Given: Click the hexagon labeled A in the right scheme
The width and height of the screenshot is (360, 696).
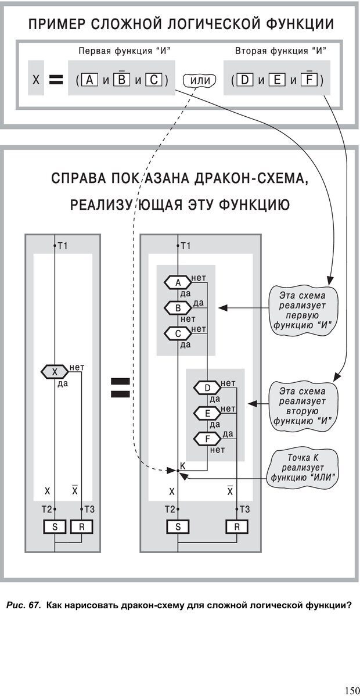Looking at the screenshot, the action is (178, 282).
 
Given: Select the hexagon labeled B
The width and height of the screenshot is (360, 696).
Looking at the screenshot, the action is (178, 307).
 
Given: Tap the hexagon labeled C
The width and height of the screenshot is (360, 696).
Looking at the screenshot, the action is (178, 333).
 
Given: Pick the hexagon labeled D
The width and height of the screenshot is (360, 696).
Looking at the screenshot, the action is (207, 388).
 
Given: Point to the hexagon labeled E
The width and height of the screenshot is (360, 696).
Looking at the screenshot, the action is (207, 413).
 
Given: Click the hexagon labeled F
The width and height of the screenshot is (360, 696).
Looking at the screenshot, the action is (207, 439).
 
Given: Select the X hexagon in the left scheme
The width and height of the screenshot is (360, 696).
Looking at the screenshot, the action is (55, 372).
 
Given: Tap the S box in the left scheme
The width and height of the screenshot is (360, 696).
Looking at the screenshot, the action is (55, 527).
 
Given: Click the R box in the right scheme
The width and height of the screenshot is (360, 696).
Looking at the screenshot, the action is (237, 527).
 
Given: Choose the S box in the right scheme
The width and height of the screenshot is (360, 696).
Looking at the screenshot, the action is (178, 527).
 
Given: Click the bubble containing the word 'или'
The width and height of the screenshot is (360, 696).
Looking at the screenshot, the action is (199, 81).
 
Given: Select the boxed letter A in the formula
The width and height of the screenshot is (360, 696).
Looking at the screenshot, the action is (91, 80).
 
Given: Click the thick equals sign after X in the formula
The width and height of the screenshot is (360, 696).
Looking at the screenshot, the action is (56, 81).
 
